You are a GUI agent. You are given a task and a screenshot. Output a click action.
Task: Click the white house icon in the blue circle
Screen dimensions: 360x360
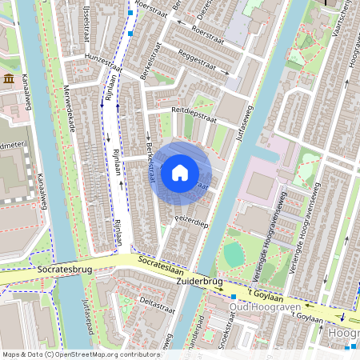pos(180,172)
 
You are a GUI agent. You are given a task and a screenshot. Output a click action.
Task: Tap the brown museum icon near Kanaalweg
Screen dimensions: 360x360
pos(9,78)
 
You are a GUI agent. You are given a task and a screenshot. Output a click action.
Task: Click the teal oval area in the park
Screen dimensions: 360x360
pos(233,254)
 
